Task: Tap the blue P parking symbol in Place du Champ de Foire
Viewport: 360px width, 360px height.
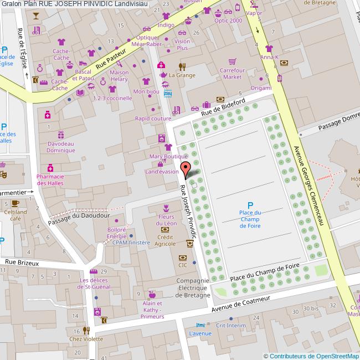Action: (x=250, y=205)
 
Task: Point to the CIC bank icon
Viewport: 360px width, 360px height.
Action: (x=182, y=258)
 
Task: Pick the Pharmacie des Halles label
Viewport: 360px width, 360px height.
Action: (x=50, y=180)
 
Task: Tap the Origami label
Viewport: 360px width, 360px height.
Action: (x=260, y=88)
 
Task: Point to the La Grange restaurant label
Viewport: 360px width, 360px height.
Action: (x=182, y=75)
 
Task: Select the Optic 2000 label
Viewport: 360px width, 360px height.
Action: (x=228, y=20)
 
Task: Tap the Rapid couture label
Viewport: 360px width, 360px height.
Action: (x=153, y=119)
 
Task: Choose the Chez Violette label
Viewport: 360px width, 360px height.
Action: (x=86, y=339)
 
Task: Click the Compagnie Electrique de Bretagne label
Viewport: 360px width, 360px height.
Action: (x=193, y=288)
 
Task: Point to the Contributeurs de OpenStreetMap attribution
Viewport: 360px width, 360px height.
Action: (x=311, y=356)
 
